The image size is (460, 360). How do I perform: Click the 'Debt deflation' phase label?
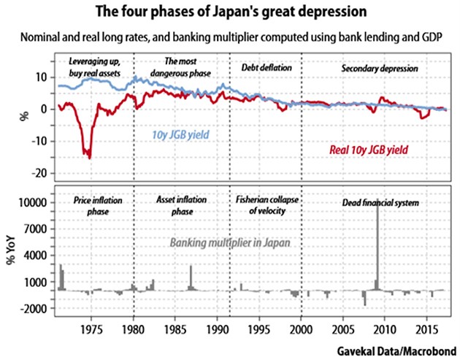(x=266, y=68)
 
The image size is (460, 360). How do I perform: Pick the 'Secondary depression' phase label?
(x=380, y=69)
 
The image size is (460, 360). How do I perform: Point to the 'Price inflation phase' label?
(x=99, y=205)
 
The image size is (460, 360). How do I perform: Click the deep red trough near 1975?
(x=90, y=156)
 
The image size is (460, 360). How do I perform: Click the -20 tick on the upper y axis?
(x=40, y=173)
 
